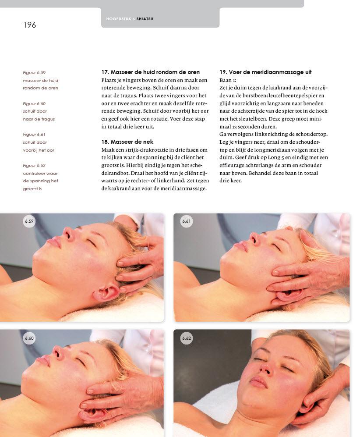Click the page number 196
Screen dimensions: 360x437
coord(29,25)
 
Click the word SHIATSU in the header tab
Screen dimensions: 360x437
coord(145,19)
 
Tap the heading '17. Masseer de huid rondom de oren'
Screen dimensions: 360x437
coord(150,72)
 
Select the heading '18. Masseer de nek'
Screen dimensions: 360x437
coord(127,142)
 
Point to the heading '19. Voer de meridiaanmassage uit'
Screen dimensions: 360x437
coord(265,72)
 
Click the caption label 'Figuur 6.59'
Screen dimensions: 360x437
coord(34,73)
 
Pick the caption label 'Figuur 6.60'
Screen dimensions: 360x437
coord(34,104)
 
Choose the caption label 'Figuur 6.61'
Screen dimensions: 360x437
coord(34,134)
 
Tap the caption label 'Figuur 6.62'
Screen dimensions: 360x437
coord(34,166)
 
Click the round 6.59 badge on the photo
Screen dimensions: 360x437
coord(29,221)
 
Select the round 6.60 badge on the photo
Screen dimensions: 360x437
coord(29,338)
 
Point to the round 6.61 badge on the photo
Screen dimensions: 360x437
coord(186,221)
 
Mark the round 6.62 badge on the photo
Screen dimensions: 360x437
coord(186,338)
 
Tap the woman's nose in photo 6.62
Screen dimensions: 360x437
coord(266,368)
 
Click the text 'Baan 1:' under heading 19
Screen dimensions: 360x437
coord(228,80)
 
